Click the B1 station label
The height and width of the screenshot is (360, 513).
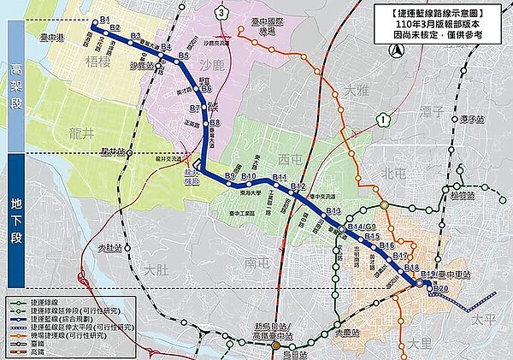click(x=105, y=19)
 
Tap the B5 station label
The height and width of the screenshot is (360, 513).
click(x=183, y=56)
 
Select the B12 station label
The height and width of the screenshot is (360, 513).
click(x=298, y=186)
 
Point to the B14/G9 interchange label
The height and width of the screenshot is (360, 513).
click(x=360, y=227)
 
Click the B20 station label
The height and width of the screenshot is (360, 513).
click(x=439, y=289)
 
